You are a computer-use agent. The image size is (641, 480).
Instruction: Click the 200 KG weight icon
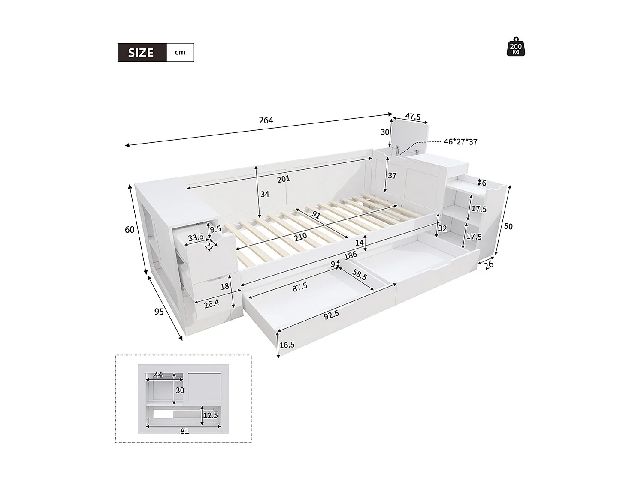tap(516, 48)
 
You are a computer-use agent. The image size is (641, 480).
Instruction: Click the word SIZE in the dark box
tap(141, 53)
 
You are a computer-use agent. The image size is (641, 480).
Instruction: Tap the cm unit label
tap(180, 52)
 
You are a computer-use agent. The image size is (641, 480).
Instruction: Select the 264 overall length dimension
tap(266, 120)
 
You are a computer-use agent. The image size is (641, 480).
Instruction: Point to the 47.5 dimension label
tap(412, 117)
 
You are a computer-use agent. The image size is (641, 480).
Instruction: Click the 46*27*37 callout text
tap(460, 142)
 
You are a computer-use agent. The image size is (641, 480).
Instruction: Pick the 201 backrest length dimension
tap(284, 179)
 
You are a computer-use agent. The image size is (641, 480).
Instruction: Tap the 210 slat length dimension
tap(301, 236)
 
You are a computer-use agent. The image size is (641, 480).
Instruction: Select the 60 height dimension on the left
tap(130, 230)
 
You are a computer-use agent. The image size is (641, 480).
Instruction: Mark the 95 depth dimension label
tap(159, 312)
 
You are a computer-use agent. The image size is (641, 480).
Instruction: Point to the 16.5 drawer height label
tap(287, 345)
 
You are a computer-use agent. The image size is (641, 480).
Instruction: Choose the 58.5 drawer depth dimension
tap(359, 274)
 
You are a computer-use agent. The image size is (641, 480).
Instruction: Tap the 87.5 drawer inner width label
tap(300, 287)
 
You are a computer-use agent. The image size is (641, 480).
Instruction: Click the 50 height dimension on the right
tap(508, 226)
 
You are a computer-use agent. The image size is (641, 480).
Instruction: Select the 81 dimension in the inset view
tap(184, 432)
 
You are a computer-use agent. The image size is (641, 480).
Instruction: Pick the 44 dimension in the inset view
tap(158, 375)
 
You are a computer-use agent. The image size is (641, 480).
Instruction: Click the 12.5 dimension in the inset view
tap(210, 415)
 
